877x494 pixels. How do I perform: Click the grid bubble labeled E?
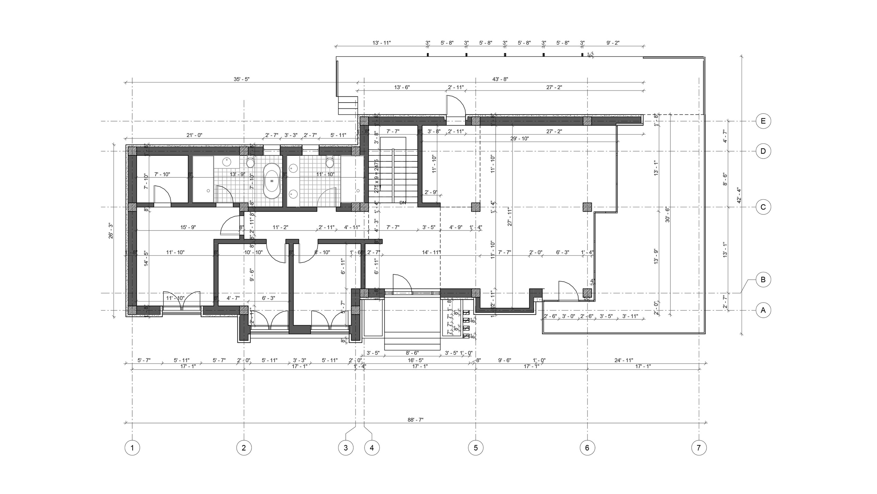coord(763,121)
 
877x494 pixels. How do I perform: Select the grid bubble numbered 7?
coord(699,448)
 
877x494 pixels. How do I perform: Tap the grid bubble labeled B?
coord(763,280)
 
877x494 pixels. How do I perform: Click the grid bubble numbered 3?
coord(346,448)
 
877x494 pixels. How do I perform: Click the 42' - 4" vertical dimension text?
coord(739,196)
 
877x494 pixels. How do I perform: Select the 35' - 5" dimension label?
coord(242,79)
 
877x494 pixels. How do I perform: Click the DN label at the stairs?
coord(403,203)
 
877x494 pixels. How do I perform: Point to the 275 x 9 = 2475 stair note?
coord(376,176)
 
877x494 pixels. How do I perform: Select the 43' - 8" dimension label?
coord(500,79)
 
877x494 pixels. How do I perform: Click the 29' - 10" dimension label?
coord(520,139)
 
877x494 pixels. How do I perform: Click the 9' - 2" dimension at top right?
coord(613,43)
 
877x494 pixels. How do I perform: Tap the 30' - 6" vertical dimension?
coord(667,215)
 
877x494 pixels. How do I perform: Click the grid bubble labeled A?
coord(763,310)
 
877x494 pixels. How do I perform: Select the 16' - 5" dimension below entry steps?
coord(416,361)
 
